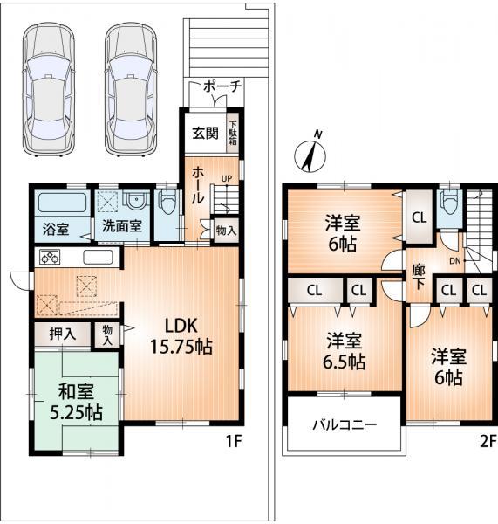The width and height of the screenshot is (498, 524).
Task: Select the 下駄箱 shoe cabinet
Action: [233, 132]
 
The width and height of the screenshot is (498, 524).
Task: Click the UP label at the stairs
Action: [226, 180]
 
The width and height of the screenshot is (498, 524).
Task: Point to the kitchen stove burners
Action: [49, 259]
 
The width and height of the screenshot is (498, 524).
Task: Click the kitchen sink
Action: [97, 259]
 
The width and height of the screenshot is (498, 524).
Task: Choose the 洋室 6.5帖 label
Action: [344, 349]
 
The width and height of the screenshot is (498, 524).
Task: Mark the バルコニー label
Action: [344, 425]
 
